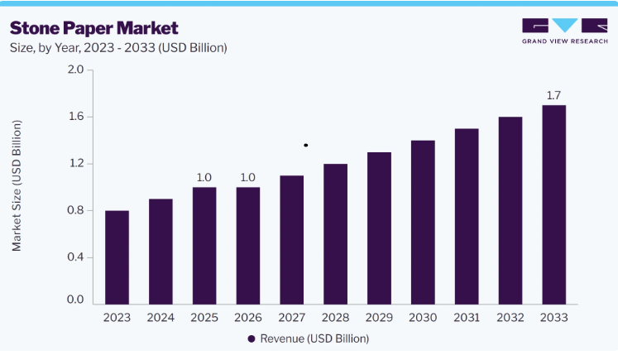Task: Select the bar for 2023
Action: tap(117, 257)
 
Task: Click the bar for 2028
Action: tap(335, 234)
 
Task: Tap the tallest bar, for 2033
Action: tap(553, 204)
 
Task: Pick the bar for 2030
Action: tap(423, 223)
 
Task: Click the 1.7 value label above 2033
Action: tap(553, 95)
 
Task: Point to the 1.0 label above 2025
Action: tap(204, 177)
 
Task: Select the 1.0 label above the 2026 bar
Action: tap(248, 177)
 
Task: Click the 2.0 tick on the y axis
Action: tap(75, 70)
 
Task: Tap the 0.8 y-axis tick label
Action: tap(75, 210)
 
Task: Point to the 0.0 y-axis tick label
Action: tap(75, 300)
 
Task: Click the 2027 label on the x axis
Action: tap(292, 318)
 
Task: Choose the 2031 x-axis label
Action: tap(467, 318)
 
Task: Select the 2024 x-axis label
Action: tap(160, 318)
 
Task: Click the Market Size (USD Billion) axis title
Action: tap(17, 185)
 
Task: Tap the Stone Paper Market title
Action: tap(93, 28)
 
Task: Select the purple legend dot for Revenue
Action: tap(252, 338)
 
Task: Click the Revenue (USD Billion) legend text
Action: tap(314, 338)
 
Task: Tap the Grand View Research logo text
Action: tap(565, 41)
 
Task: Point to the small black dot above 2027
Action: tap(306, 145)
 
